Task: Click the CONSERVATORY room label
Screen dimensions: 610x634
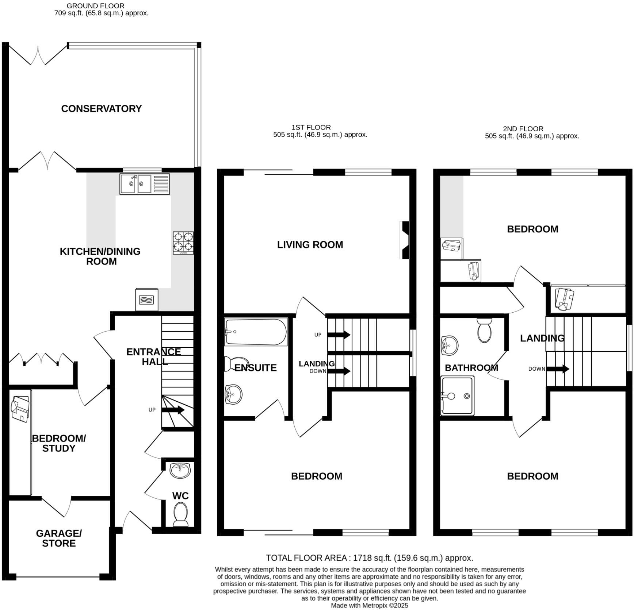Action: (x=101, y=109)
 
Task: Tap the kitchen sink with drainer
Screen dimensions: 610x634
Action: (x=145, y=184)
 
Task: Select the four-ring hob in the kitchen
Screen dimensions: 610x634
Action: (x=183, y=243)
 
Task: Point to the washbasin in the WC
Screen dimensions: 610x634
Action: (x=180, y=471)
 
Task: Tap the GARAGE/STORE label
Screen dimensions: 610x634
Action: (x=59, y=538)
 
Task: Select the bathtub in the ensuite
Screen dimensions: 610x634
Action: (x=256, y=332)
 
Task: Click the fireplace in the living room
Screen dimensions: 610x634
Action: (x=405, y=240)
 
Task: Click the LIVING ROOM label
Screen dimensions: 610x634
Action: (x=310, y=245)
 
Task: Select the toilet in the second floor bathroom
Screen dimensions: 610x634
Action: (x=484, y=330)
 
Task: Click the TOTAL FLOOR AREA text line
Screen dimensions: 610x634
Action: (x=369, y=558)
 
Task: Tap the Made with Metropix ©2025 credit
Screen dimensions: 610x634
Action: (x=369, y=606)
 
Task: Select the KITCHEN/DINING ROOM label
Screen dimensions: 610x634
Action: (x=100, y=256)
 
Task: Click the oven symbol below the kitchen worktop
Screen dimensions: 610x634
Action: (x=146, y=300)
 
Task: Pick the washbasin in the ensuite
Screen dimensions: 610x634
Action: (x=233, y=394)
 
